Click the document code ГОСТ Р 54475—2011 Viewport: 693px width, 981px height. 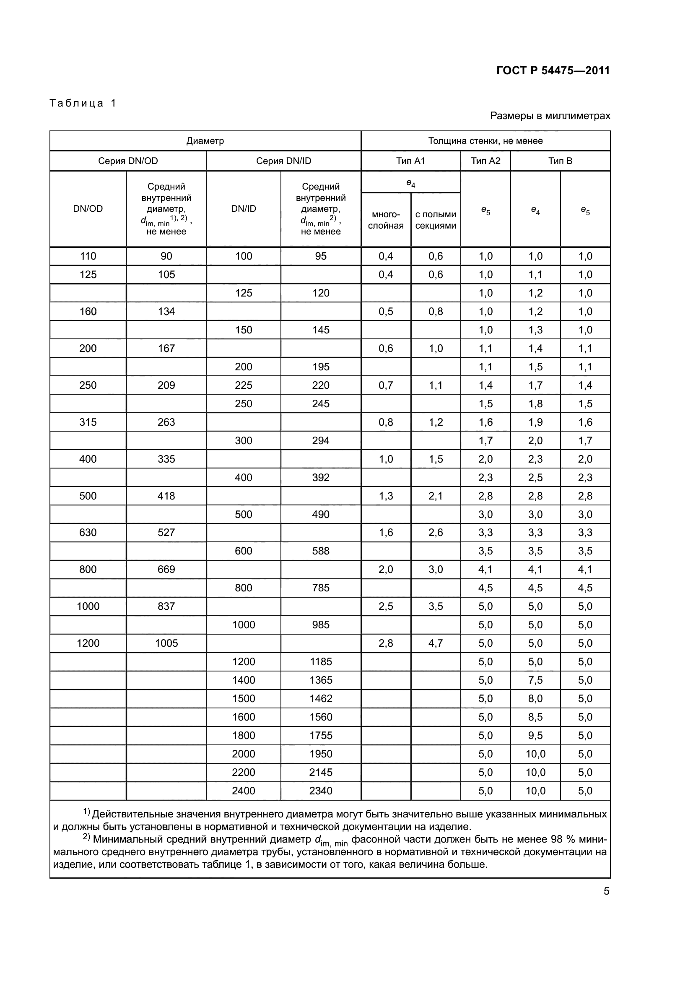tap(553, 70)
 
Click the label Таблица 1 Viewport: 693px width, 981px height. tap(83, 103)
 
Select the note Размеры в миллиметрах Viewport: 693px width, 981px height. tap(550, 116)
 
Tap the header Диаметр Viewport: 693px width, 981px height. tap(205, 141)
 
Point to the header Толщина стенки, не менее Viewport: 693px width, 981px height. tap(485, 141)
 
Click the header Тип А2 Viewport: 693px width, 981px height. tap(485, 161)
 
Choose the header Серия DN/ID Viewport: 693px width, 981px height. tap(283, 161)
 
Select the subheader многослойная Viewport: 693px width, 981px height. tap(386, 220)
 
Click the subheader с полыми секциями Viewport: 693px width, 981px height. tap(436, 220)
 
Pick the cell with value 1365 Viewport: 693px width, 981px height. tap(321, 680)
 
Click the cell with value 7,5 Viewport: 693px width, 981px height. tap(535, 680)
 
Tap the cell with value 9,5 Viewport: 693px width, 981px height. tap(535, 735)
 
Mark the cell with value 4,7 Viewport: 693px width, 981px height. tap(436, 643)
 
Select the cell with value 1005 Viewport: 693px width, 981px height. tap(166, 643)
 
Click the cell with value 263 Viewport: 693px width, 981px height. tap(166, 422)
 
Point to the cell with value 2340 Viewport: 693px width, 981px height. tap(321, 791)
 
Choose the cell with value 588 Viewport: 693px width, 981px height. tap(321, 551)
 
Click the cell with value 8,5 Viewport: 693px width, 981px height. tap(535, 717)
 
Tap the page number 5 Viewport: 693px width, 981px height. tap(606, 891)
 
